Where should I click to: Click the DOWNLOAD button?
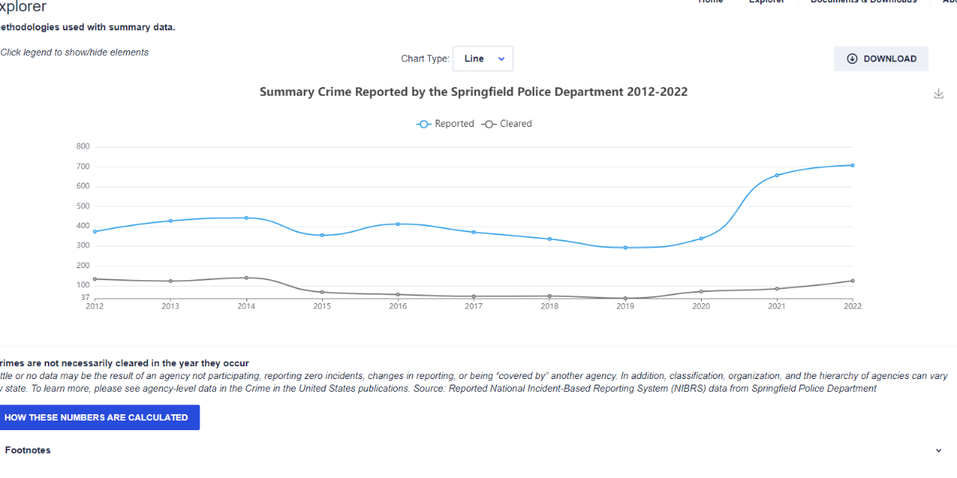(x=881, y=58)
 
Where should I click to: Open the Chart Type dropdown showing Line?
(x=483, y=58)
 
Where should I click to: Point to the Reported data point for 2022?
(x=853, y=165)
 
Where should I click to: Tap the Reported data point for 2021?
(x=777, y=175)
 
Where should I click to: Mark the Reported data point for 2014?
(x=246, y=218)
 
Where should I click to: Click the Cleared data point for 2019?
(x=625, y=298)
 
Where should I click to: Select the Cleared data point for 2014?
(x=246, y=278)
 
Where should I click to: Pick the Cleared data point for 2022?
(x=853, y=281)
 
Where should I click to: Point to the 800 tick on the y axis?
(x=83, y=147)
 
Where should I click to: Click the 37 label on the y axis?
(x=85, y=298)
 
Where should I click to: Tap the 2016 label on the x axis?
(x=398, y=306)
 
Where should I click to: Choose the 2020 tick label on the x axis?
(x=701, y=306)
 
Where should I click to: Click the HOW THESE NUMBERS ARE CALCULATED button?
(x=96, y=417)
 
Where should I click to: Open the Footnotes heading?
(x=28, y=450)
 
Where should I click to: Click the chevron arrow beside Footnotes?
(x=939, y=451)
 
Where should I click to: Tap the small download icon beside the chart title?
(x=939, y=94)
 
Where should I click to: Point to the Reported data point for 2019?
(x=625, y=247)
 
